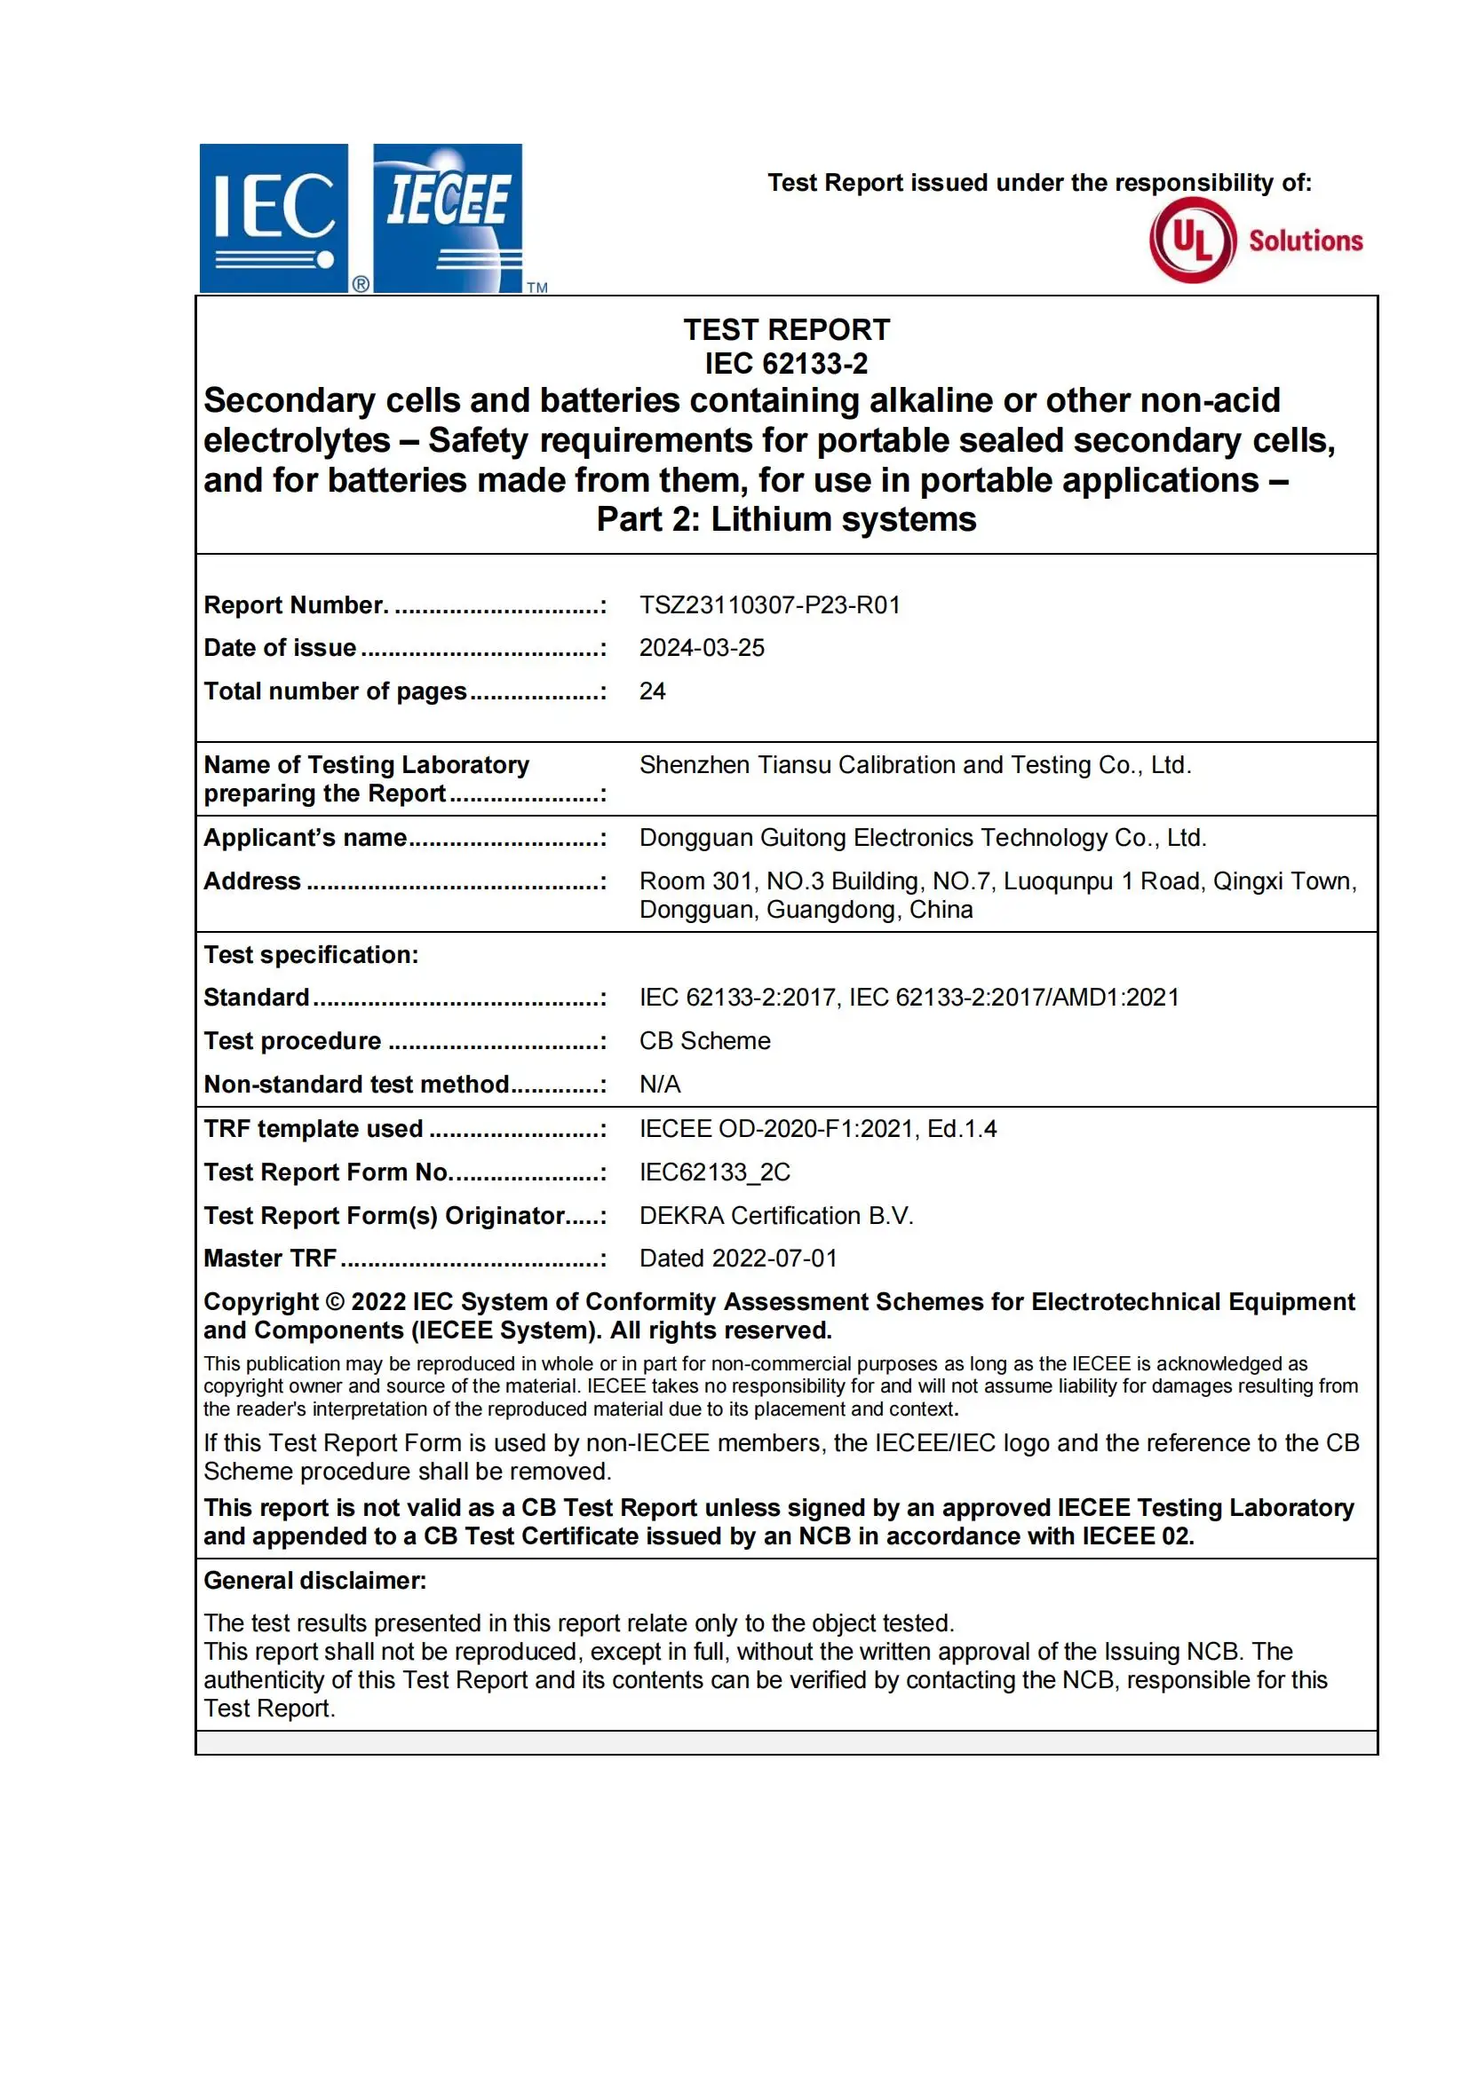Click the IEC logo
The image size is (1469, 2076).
(x=274, y=218)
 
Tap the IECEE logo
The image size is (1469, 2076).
(x=448, y=218)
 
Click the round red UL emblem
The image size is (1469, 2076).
(x=1192, y=241)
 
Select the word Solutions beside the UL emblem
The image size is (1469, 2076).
(x=1306, y=241)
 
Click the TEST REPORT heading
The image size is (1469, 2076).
(x=786, y=330)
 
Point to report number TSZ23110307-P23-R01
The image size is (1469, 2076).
(x=770, y=605)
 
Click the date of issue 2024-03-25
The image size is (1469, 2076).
(x=702, y=647)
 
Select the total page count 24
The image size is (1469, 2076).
(x=652, y=691)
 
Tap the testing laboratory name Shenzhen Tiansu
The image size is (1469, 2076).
(x=915, y=765)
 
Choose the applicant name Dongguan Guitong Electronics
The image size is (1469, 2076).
(x=923, y=837)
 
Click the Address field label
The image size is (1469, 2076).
(x=252, y=880)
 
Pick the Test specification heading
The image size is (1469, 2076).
(x=311, y=955)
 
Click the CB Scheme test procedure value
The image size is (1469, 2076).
(x=704, y=1041)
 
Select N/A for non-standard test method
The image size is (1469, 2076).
(x=660, y=1084)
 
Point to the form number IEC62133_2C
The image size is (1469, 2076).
(x=715, y=1172)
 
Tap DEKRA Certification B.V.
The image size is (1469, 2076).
(x=776, y=1215)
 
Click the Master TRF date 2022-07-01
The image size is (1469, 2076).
(x=774, y=1258)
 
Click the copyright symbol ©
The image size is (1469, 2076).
(x=335, y=1302)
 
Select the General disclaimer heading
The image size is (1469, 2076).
(x=314, y=1581)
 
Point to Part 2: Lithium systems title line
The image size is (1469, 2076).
(x=786, y=520)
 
